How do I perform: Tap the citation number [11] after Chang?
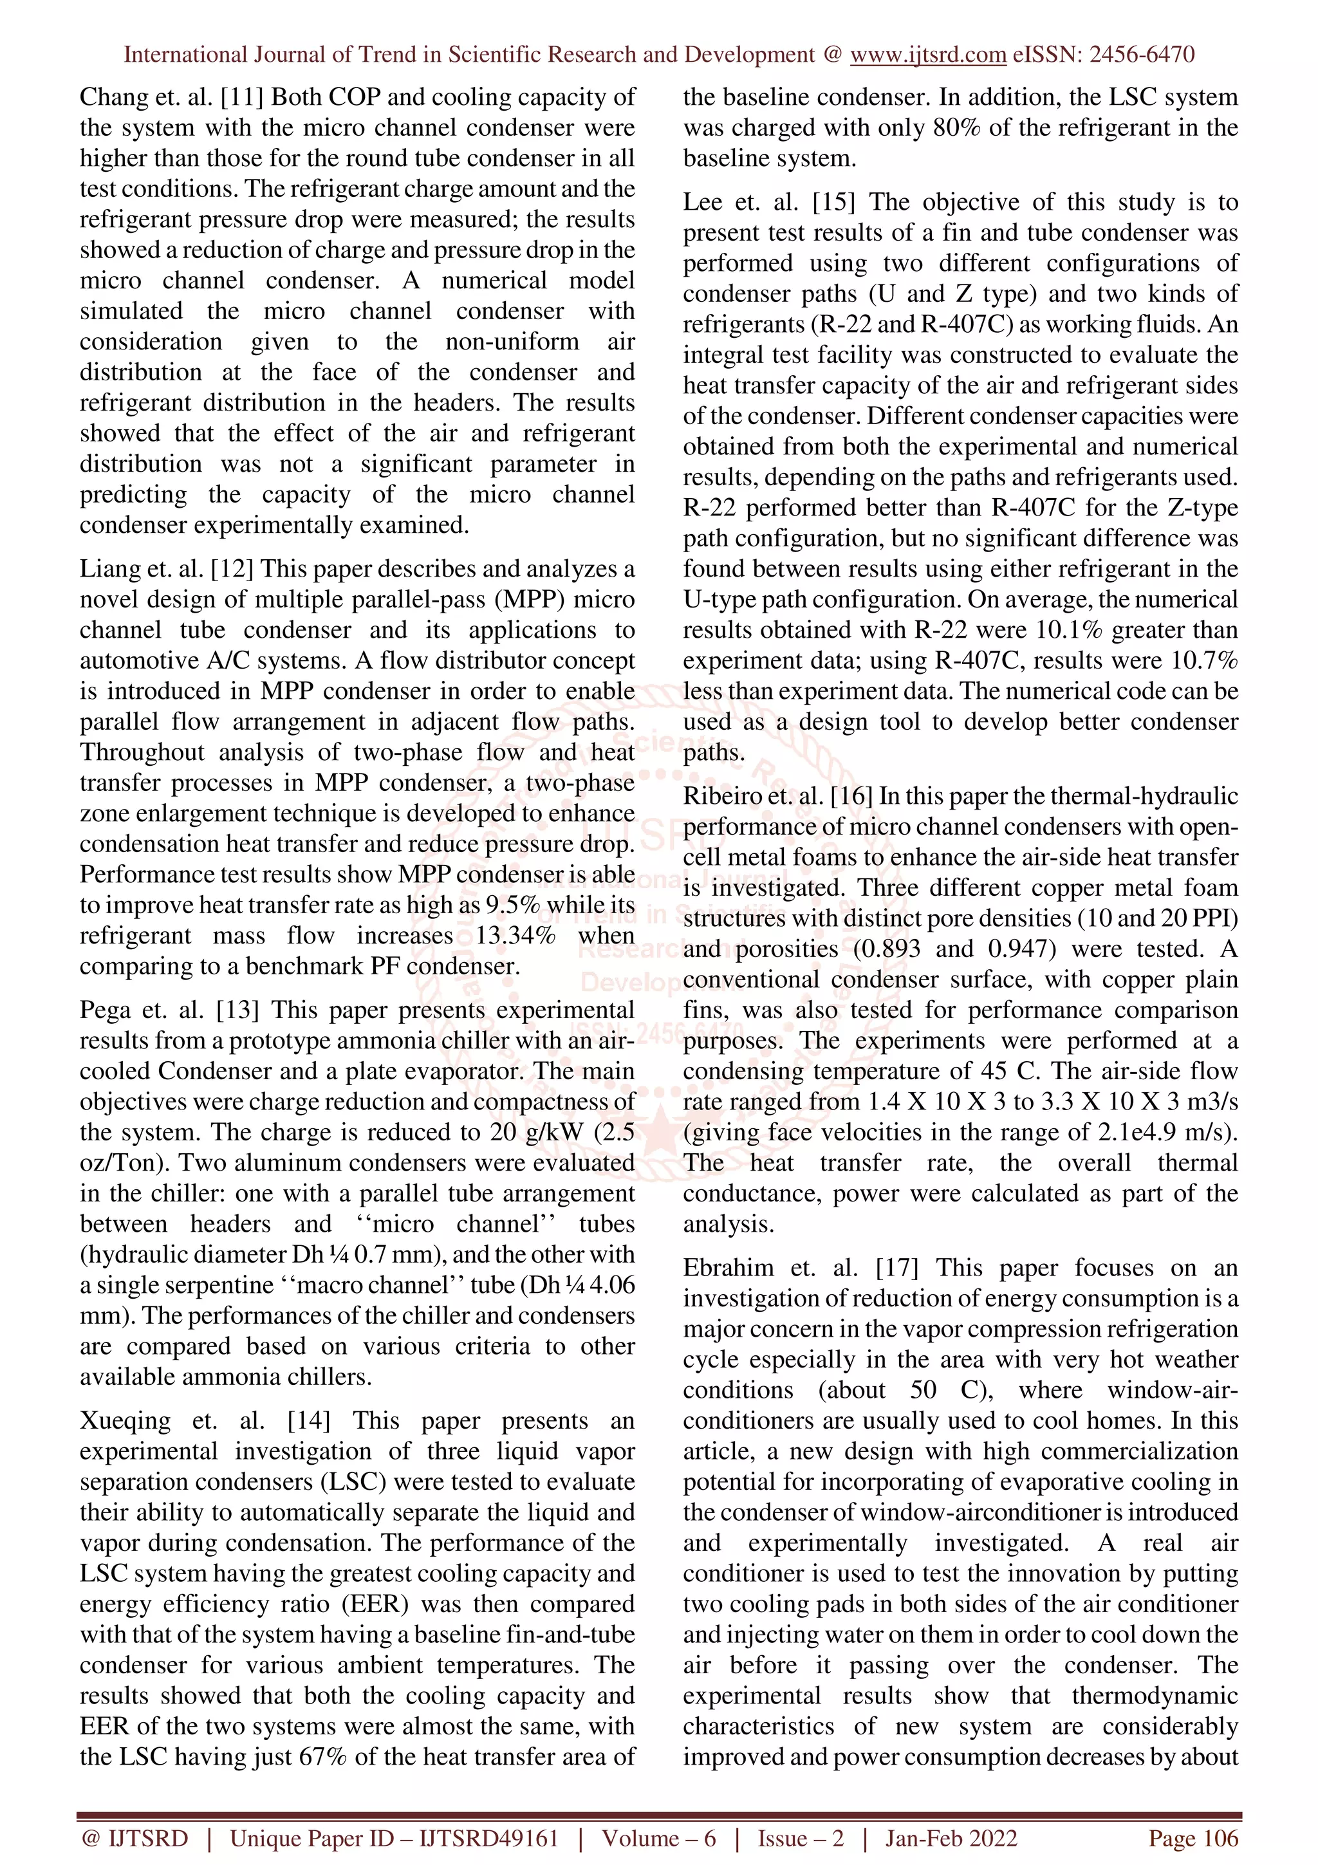242,97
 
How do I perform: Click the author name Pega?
105,1010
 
